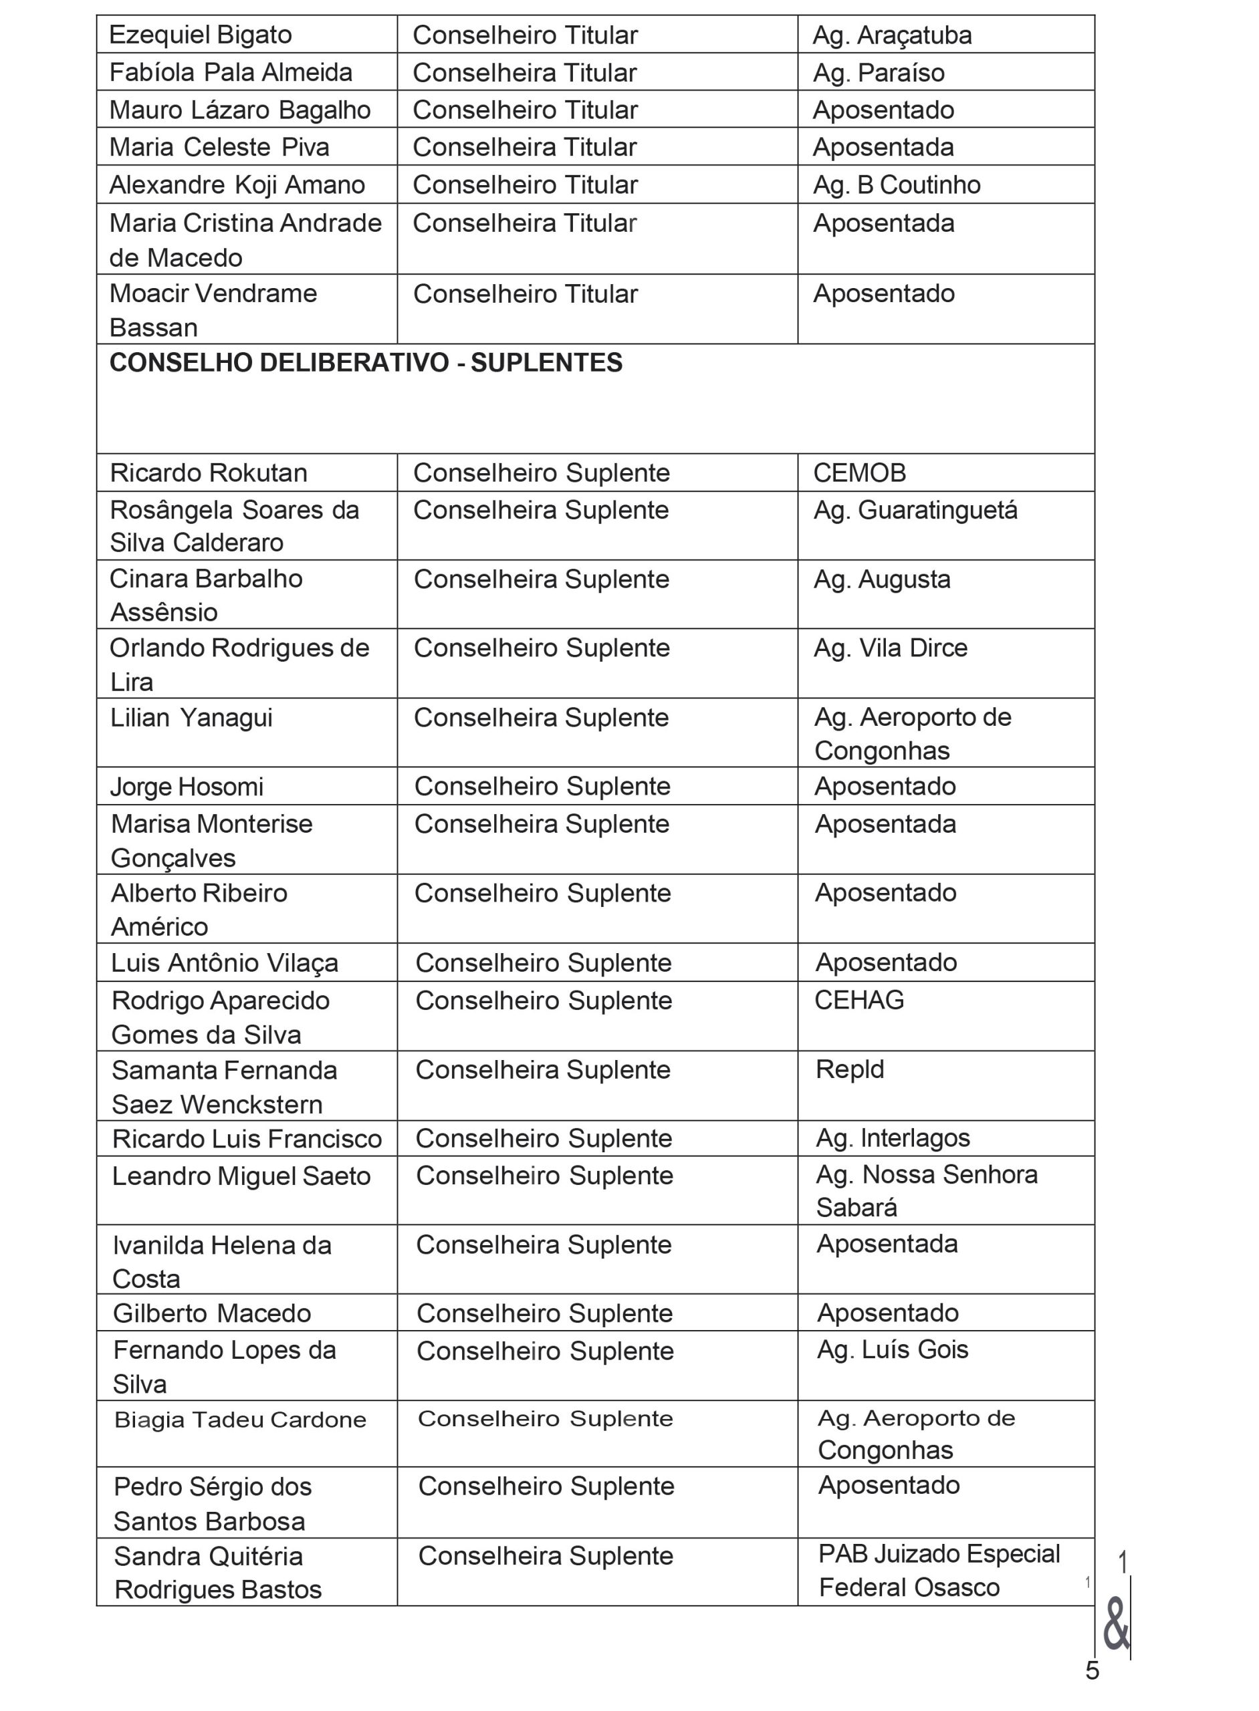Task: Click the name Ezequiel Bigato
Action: (201, 35)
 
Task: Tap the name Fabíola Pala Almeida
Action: (231, 73)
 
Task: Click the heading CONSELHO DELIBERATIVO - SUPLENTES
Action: (366, 364)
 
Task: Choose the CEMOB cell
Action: (860, 473)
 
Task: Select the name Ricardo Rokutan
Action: (209, 473)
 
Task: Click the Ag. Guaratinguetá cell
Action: (915, 511)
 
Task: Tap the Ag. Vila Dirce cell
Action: (890, 648)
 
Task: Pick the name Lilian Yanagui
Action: (191, 718)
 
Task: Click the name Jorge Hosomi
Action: (187, 787)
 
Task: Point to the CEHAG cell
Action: (859, 1001)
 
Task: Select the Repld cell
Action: (850, 1069)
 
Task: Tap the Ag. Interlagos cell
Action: (893, 1138)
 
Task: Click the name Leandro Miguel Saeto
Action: (241, 1176)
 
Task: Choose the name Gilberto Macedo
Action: (212, 1313)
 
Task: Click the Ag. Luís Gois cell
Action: (893, 1350)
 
